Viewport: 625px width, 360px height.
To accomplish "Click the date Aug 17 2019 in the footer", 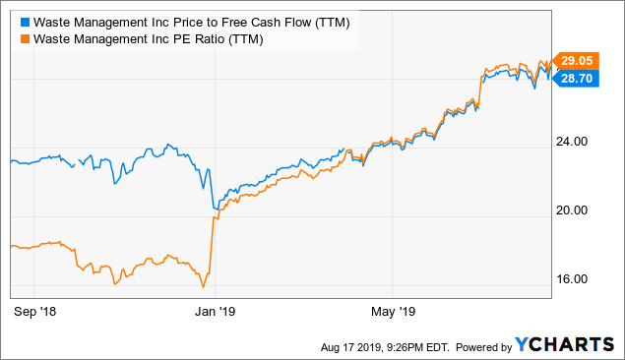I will coord(351,346).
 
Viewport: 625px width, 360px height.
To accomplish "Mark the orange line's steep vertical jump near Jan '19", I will coord(211,246).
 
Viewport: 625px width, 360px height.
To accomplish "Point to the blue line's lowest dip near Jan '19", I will coord(216,209).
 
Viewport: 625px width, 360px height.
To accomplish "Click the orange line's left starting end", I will coord(10,246).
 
